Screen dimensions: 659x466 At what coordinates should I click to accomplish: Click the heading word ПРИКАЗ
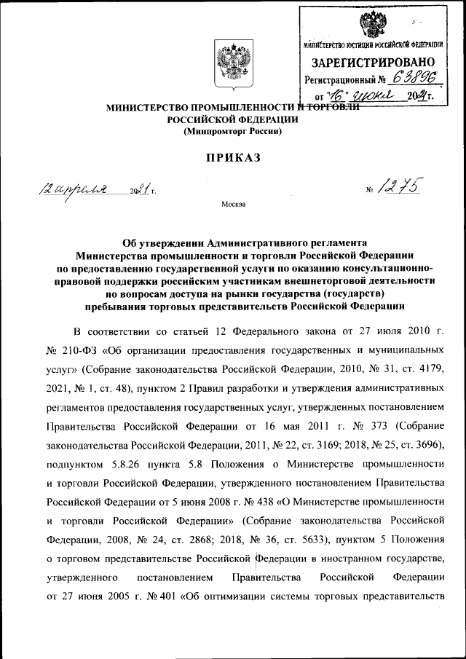point(233,157)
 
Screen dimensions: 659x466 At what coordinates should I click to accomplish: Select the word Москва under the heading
point(233,204)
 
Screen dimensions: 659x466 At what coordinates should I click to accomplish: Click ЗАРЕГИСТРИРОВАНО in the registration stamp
point(374,62)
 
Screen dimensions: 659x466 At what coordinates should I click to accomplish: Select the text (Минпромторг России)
point(232,133)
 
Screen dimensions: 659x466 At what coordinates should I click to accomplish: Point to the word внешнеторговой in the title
point(332,280)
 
